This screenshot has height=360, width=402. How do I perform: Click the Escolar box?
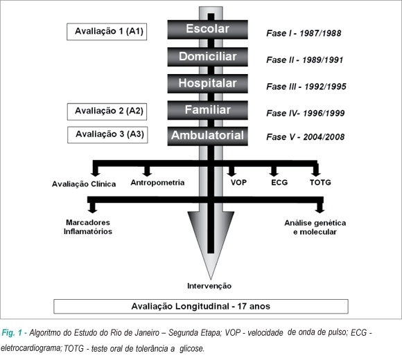[208, 30]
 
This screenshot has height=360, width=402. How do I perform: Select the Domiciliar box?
[208, 57]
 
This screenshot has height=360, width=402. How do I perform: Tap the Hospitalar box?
[208, 84]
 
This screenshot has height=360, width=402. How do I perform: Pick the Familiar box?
[208, 110]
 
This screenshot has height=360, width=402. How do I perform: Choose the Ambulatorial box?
[208, 136]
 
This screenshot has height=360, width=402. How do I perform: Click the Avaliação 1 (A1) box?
[107, 32]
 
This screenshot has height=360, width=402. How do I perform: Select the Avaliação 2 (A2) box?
[107, 111]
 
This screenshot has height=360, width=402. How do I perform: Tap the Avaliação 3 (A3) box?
[107, 135]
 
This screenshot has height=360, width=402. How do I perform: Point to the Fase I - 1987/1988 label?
[304, 33]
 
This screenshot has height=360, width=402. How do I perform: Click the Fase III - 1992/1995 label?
[306, 87]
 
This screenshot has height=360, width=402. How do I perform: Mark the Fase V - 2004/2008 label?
[306, 137]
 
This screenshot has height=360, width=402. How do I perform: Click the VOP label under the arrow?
[238, 183]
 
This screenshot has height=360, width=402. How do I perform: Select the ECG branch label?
[279, 183]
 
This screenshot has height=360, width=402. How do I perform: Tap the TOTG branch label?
[320, 183]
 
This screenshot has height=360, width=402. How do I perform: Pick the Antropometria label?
[157, 183]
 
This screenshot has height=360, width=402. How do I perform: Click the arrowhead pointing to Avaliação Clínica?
[96, 173]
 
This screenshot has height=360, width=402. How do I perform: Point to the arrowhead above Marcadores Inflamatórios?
[92, 210]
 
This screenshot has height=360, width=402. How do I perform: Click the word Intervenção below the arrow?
[209, 286]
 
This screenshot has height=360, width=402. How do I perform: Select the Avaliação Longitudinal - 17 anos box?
[201, 306]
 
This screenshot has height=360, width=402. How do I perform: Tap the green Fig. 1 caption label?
[15, 333]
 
